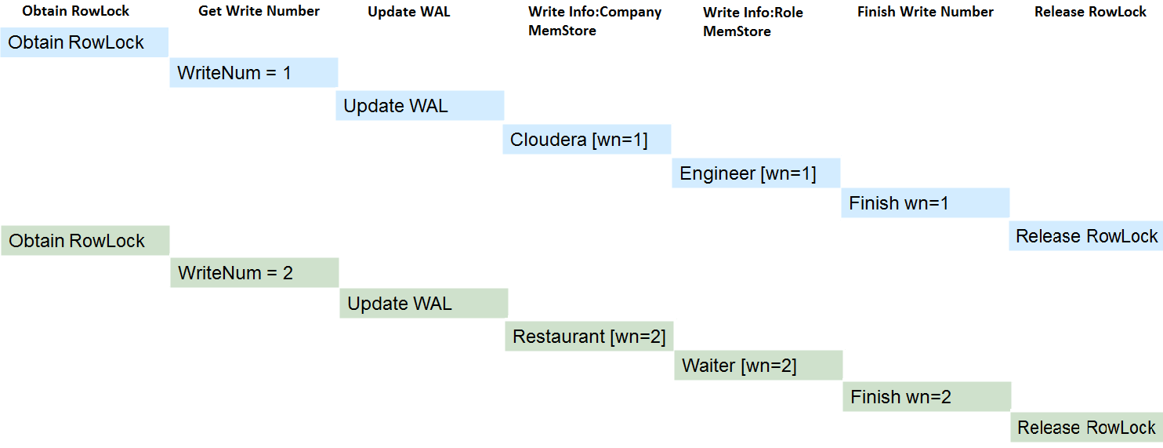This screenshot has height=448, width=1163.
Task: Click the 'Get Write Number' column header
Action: coord(259,11)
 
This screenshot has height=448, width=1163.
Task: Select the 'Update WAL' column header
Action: coord(408,12)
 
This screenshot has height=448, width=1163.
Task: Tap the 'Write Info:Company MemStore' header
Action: coord(595,21)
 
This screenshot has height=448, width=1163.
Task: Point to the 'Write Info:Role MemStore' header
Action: coord(753,22)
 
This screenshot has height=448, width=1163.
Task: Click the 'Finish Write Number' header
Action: coord(926,12)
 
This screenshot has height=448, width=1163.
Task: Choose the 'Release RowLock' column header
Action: coord(1090,12)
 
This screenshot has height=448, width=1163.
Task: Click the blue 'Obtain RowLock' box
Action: coord(84,42)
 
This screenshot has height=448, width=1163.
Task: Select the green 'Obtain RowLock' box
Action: coord(85,241)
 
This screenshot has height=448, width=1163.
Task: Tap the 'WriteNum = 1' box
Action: coord(254,72)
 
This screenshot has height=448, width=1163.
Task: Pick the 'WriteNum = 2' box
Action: coord(255,272)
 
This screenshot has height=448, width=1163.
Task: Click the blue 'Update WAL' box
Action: coord(420,105)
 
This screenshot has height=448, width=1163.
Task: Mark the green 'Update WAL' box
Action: coord(424,303)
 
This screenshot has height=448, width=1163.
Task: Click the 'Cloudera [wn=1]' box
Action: coord(587,140)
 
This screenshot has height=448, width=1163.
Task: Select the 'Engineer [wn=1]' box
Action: coord(756,173)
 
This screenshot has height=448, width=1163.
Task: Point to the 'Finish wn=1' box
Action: coord(926,202)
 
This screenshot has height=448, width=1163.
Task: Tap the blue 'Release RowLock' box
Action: coord(1086,236)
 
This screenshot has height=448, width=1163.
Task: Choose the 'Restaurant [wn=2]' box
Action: coord(589,337)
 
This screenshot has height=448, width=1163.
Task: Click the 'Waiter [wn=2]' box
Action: coord(759,366)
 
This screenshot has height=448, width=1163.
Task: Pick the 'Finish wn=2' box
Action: coord(927,396)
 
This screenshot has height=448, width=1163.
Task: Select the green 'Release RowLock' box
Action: coord(1087,428)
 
